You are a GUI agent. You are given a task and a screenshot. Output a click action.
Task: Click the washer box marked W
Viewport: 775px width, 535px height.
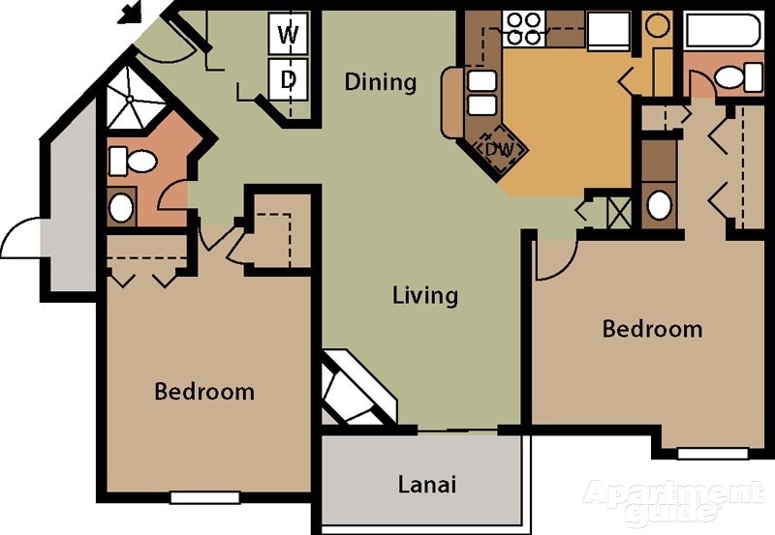tap(289, 35)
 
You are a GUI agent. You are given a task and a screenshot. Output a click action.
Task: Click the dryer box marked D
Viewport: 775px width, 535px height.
tap(289, 80)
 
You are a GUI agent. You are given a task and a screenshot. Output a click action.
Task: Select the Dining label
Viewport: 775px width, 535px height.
tap(381, 82)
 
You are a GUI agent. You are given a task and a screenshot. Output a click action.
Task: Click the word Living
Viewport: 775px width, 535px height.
tap(425, 295)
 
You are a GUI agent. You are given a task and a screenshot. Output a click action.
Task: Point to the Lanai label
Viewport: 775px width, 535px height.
tap(427, 484)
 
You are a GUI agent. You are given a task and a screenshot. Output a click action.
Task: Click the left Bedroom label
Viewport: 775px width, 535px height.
tap(204, 392)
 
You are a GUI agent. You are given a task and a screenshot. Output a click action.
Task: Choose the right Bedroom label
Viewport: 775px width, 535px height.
tap(652, 329)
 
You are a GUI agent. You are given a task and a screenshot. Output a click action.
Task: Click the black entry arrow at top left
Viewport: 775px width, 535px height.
tap(129, 13)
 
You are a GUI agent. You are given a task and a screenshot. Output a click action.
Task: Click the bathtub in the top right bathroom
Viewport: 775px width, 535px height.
tap(724, 31)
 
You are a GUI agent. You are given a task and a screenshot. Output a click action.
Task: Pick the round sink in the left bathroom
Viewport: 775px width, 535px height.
tap(121, 207)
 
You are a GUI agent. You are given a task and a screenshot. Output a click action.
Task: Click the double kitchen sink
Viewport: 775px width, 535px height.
tap(481, 93)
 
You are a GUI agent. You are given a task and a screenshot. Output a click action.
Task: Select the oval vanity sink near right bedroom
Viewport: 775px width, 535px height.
tap(659, 205)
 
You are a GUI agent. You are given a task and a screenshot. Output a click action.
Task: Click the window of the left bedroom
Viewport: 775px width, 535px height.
tap(204, 497)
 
